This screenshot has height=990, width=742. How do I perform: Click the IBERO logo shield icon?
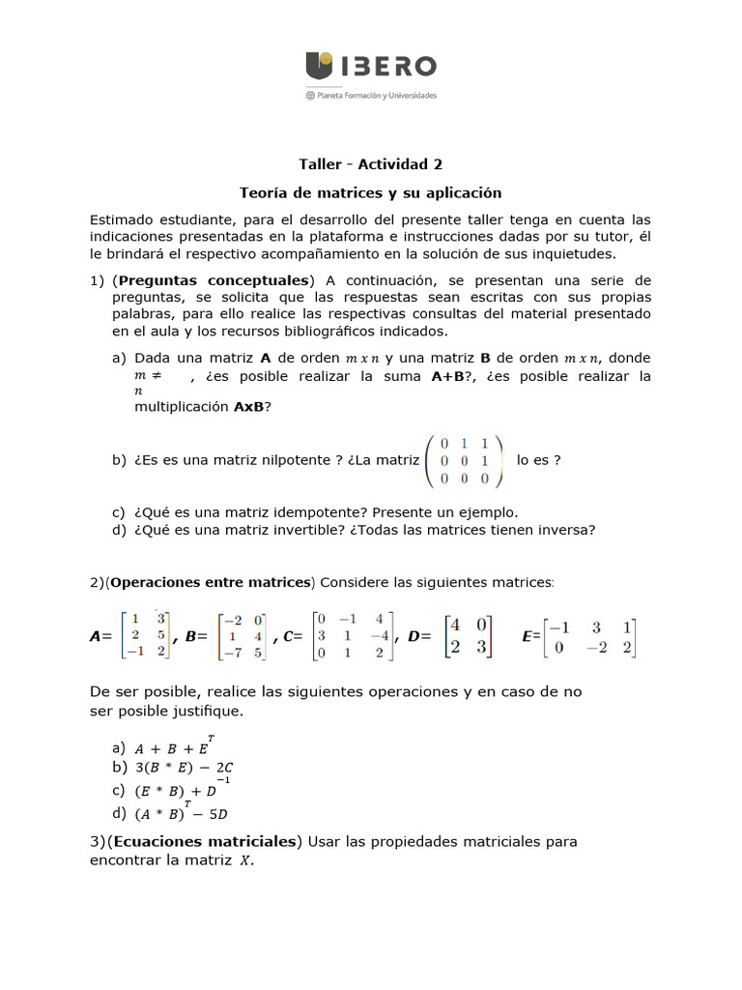320,66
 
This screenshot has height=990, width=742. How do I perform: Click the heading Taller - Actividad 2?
370,164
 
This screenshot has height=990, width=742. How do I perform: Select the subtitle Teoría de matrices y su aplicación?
370,193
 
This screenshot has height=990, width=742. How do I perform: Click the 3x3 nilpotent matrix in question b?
464,460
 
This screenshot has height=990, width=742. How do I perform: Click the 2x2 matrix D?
468,635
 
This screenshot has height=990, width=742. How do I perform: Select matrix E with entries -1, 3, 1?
589,637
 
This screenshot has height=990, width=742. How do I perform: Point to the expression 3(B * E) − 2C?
185,768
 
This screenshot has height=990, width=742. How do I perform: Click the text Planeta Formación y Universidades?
377,96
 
